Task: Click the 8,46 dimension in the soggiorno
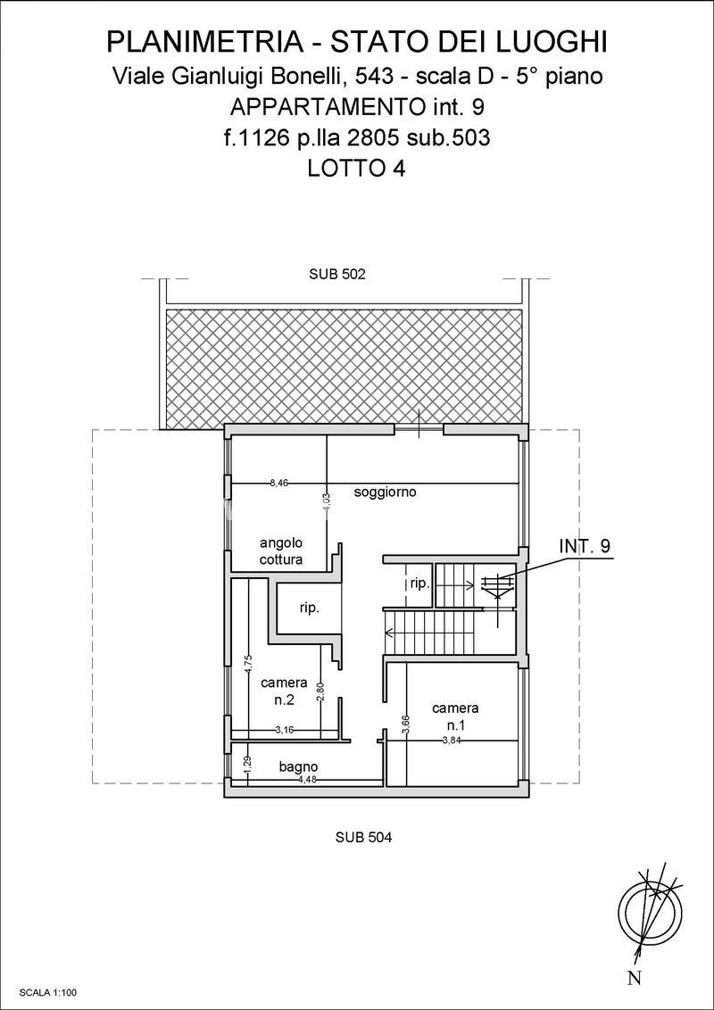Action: click(279, 482)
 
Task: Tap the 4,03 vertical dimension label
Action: click(326, 502)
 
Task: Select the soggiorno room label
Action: click(386, 493)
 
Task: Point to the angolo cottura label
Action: click(282, 551)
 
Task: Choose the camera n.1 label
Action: click(455, 716)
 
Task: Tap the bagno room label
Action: click(298, 766)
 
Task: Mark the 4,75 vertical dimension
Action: click(248, 665)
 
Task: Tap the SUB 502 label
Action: click(337, 274)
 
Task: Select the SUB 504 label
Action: click(364, 838)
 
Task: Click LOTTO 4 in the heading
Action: click(356, 168)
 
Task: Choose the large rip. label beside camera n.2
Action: click(310, 608)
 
